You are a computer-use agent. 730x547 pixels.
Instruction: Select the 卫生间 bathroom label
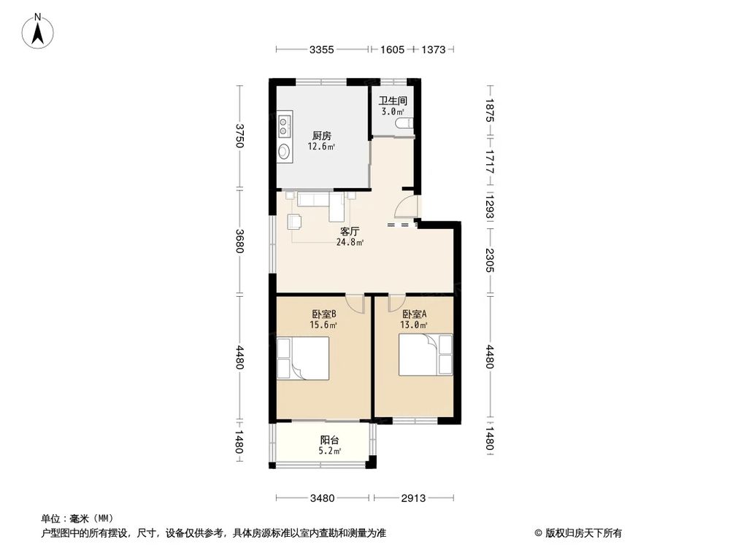click(x=392, y=101)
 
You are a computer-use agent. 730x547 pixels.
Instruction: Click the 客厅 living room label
click(x=350, y=231)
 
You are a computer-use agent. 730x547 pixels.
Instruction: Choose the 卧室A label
click(x=414, y=314)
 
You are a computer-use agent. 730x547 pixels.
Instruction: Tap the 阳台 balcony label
click(x=328, y=441)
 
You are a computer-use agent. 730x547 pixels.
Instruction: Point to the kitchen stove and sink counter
click(x=284, y=137)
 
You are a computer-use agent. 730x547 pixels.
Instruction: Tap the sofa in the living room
click(x=314, y=198)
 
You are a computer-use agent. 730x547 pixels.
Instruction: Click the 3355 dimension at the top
click(x=321, y=50)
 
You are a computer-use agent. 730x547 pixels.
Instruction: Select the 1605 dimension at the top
click(x=392, y=50)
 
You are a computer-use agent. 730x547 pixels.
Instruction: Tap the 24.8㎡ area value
click(x=350, y=242)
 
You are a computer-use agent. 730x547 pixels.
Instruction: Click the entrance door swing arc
click(x=408, y=206)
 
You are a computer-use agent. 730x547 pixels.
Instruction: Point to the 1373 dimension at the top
click(x=434, y=50)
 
